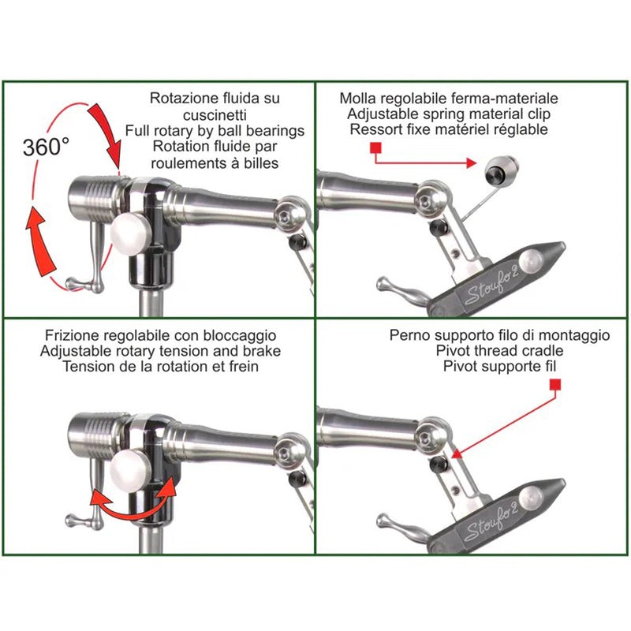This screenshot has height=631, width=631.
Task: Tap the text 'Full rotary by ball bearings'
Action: [x=215, y=131]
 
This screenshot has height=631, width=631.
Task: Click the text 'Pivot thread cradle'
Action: [x=499, y=351]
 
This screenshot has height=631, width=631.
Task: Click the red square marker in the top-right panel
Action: [x=375, y=147]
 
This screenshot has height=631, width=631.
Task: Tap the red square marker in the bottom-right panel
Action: [x=555, y=384]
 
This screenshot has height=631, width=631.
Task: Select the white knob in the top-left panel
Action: [x=129, y=233]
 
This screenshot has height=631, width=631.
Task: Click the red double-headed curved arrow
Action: [x=132, y=505]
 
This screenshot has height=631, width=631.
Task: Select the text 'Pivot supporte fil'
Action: [x=499, y=367]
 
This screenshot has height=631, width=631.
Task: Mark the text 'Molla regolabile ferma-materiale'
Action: [x=448, y=99]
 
